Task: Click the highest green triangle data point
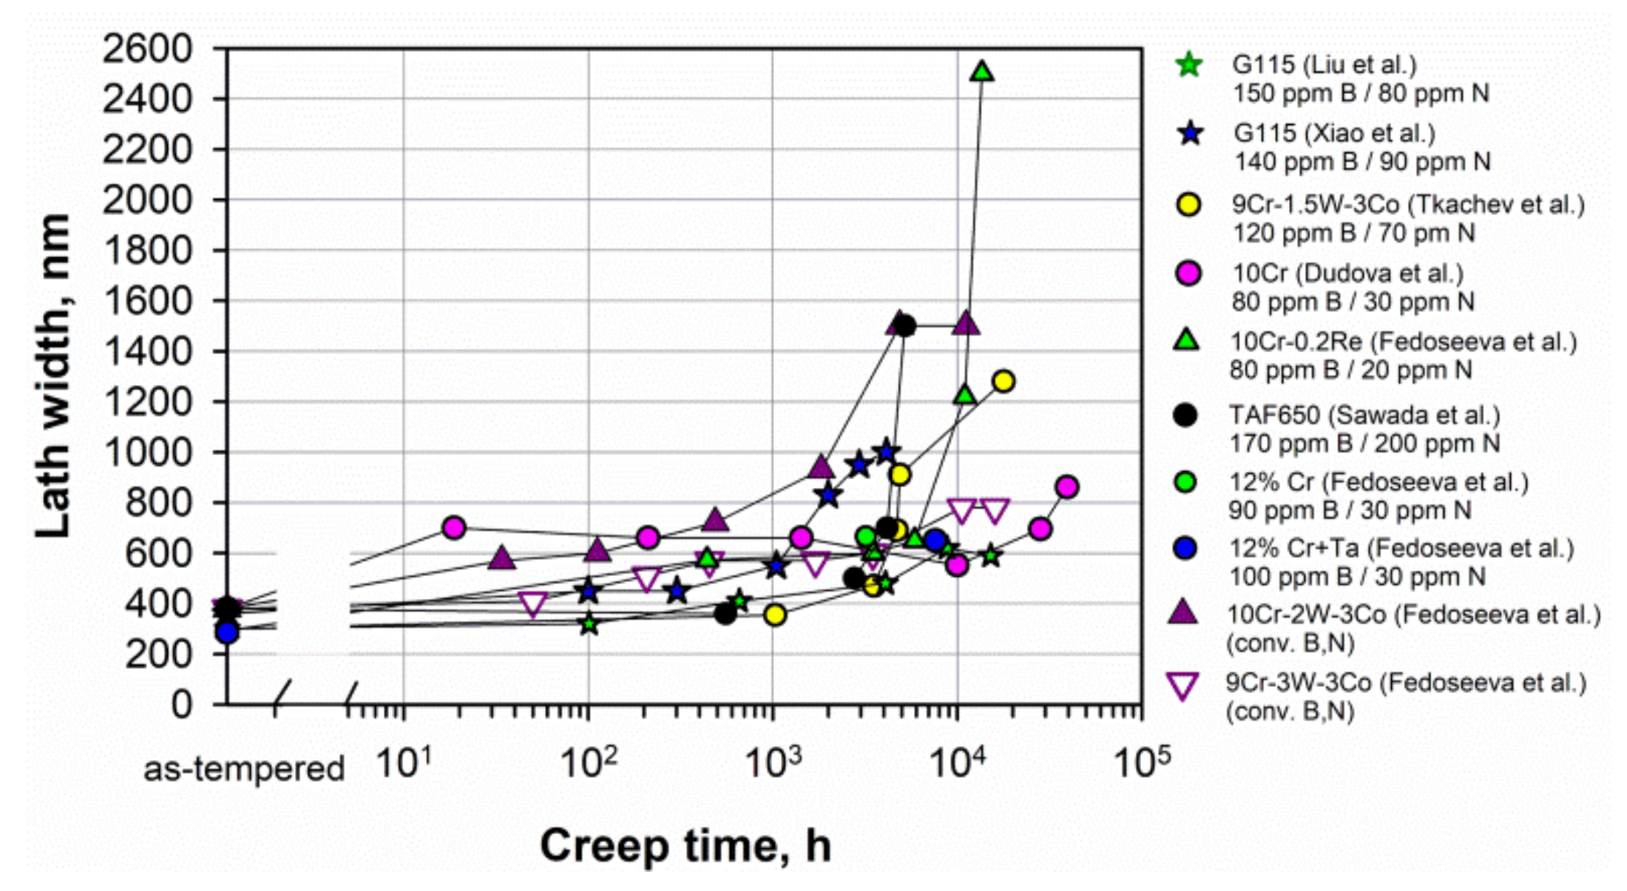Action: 982,72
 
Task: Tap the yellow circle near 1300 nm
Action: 1003,382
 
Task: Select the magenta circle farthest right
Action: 1066,487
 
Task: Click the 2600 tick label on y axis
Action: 147,50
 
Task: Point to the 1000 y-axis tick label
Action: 147,453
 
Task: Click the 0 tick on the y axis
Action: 181,705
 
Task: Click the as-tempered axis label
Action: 244,769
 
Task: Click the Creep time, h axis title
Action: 686,845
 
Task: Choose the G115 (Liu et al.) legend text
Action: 1324,65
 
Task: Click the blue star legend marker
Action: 1190,134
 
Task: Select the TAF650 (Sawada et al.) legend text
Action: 1364,416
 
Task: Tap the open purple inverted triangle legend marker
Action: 1183,685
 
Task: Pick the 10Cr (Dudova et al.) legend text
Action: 1347,274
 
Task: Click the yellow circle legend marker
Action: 1188,205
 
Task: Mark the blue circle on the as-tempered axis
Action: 227,632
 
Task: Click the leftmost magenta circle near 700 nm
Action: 453,527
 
